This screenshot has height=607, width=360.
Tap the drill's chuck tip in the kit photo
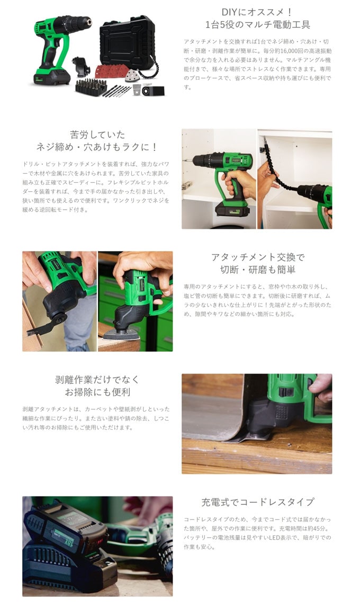pos(90,22)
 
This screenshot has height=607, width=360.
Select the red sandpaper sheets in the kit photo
pos(110,71)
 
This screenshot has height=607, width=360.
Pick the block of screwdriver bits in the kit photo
pos(91,87)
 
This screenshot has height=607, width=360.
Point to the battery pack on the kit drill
pos(51,77)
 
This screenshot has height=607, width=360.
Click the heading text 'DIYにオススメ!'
pos(257,12)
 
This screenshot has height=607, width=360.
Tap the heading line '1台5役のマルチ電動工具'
pos(257,25)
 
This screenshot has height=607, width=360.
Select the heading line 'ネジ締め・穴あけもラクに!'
pos(97,147)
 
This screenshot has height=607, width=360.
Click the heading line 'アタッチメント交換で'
pos(258,257)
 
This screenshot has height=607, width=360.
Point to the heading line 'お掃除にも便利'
pos(97,392)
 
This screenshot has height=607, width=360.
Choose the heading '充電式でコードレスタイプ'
pos(257,502)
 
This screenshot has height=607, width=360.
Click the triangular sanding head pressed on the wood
pos(123,334)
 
